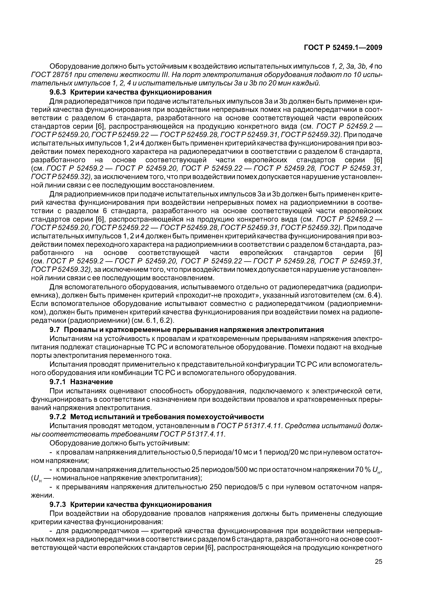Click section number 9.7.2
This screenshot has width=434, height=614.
58,417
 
